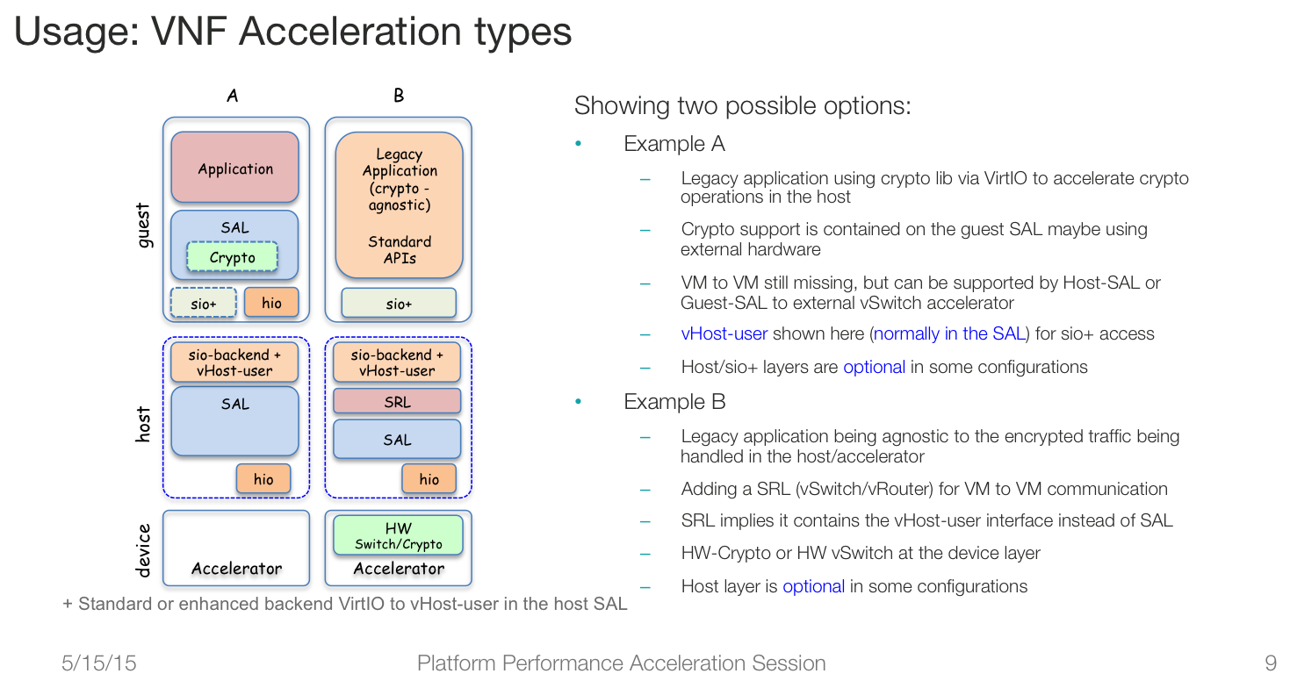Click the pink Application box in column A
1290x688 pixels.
click(x=235, y=167)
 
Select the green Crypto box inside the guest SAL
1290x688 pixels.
click(x=232, y=257)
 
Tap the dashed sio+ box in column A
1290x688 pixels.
click(x=203, y=303)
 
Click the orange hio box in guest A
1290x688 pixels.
click(x=272, y=302)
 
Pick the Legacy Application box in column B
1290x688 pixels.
click(x=399, y=205)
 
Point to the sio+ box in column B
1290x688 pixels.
click(x=399, y=303)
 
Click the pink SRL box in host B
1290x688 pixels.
click(x=397, y=401)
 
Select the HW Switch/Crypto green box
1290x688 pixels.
click(x=398, y=535)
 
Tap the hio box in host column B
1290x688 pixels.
click(x=429, y=478)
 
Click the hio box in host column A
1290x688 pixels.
click(x=263, y=478)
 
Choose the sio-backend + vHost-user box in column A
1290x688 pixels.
click(x=234, y=362)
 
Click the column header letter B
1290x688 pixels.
click(x=399, y=95)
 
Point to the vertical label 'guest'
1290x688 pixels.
click(x=143, y=226)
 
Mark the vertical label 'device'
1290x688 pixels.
click(x=143, y=550)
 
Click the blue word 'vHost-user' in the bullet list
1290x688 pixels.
click(x=724, y=334)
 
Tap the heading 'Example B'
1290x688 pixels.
click(x=674, y=401)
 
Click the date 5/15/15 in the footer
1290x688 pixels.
click(x=99, y=663)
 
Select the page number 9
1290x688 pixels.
click(x=1271, y=663)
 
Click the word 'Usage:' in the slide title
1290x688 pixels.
click(x=76, y=31)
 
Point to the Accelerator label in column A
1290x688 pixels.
click(x=237, y=569)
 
